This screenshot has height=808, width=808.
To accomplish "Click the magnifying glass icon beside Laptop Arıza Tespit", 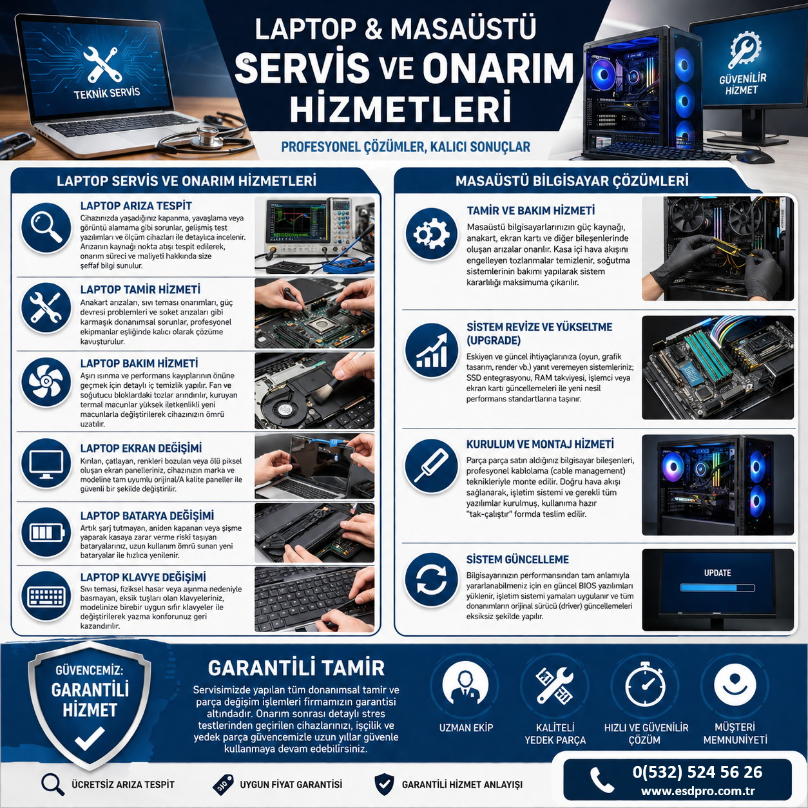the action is (x=46, y=229).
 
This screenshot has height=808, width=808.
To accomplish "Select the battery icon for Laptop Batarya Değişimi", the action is (x=46, y=532).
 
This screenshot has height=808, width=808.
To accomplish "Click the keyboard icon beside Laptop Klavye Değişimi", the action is (x=46, y=596).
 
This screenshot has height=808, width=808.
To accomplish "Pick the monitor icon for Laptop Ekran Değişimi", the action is (x=46, y=463).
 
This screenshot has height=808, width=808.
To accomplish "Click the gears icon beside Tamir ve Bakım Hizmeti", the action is (x=431, y=234).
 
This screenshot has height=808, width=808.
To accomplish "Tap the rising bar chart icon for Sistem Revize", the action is (x=431, y=350).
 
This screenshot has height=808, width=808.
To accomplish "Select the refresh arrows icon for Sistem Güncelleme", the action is (x=431, y=581).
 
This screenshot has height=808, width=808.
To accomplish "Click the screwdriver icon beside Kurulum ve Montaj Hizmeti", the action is (x=431, y=466).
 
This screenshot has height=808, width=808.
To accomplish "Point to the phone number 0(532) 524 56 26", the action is (x=697, y=772).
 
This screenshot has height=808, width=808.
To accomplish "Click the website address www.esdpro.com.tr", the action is (x=698, y=791).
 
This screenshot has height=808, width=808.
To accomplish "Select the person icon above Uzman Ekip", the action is (x=465, y=688).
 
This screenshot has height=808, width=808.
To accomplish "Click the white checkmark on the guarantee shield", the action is (x=90, y=738).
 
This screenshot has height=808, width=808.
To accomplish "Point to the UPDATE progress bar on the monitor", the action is (x=717, y=588).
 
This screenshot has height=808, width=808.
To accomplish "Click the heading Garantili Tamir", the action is (x=296, y=668).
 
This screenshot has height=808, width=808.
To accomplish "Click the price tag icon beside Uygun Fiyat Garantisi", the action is (x=223, y=785).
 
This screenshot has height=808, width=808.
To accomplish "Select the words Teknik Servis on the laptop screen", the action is (x=107, y=93).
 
